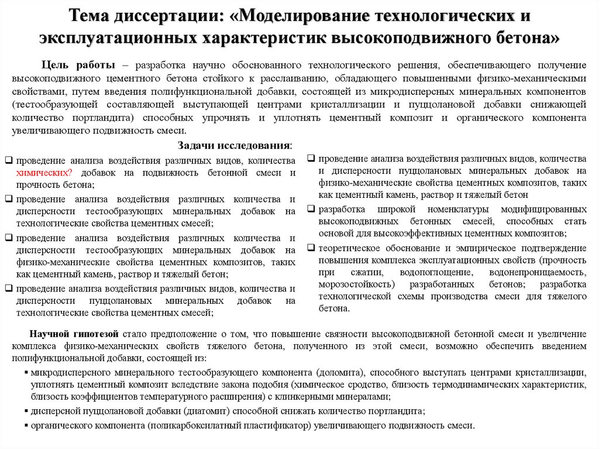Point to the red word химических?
pyautogui.click(x=44, y=173)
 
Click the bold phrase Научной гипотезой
pyautogui.click(x=75, y=334)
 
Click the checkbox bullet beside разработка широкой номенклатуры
pyautogui.click(x=312, y=210)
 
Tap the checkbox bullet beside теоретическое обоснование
pyautogui.click(x=312, y=248)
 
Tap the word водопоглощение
pyautogui.click(x=433, y=272)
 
